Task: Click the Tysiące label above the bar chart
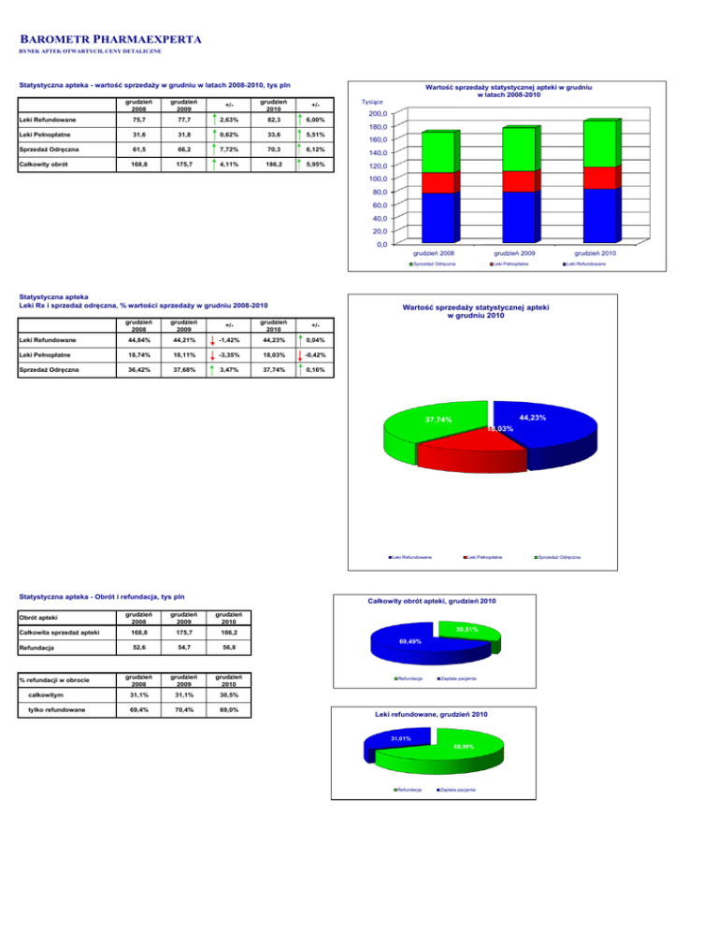pos(374,102)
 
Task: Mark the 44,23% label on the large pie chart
pos(530,417)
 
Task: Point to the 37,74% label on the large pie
pos(438,420)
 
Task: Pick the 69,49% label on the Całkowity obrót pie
pos(409,642)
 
